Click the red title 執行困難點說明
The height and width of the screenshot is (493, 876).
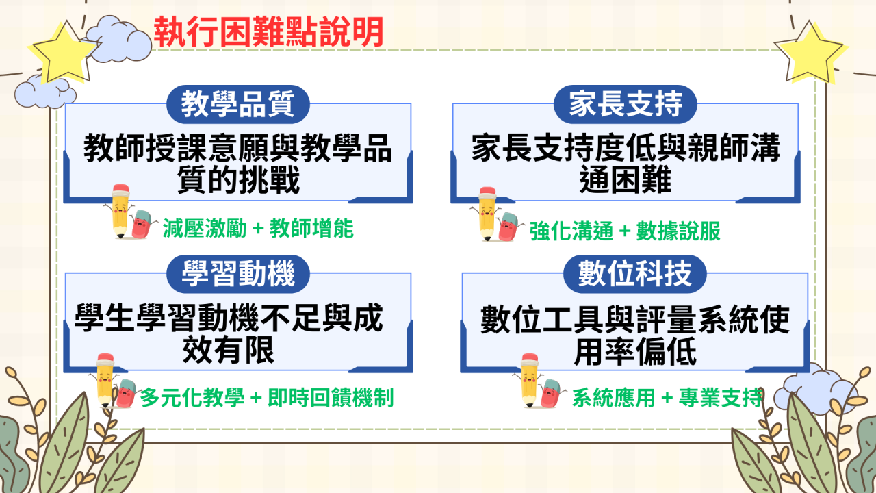(x=268, y=32)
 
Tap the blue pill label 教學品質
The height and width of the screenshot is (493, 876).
(x=237, y=105)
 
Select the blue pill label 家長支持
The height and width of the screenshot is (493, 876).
(x=626, y=105)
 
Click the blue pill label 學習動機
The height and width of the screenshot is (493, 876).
(x=237, y=274)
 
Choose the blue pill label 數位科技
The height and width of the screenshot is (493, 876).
(x=634, y=274)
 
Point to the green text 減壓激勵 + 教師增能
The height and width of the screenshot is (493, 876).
(x=258, y=229)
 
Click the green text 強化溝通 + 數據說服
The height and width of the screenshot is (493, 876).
(x=625, y=231)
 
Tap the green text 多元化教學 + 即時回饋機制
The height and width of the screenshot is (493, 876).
(x=267, y=398)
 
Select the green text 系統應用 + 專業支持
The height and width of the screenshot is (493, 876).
(x=667, y=398)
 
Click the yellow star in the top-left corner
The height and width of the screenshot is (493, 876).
(x=62, y=53)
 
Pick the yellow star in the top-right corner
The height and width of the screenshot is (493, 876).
(x=810, y=53)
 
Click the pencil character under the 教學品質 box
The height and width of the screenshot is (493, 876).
(x=120, y=212)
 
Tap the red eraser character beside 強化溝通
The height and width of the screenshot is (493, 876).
(x=510, y=227)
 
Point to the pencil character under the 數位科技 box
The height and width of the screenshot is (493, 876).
(x=529, y=380)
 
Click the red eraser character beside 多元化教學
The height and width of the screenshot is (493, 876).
(x=126, y=394)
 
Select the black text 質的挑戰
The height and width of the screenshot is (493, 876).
(x=238, y=180)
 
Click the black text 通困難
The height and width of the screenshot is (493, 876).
(x=625, y=180)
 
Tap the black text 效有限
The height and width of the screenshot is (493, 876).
(x=229, y=350)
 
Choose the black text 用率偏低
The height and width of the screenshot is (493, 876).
(x=635, y=351)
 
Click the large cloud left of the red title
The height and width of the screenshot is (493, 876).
(x=117, y=39)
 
